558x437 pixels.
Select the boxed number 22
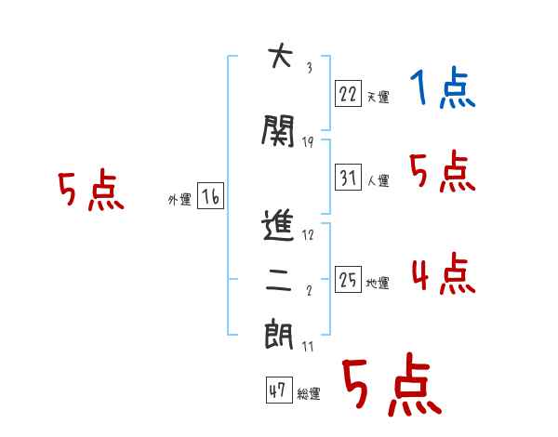(x=347, y=92)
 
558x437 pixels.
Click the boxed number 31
(x=347, y=177)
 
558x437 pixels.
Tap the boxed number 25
(x=347, y=279)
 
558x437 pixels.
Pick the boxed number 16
(x=211, y=196)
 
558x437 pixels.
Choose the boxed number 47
(x=277, y=391)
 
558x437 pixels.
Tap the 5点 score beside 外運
(x=90, y=192)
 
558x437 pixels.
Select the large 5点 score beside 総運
(x=391, y=387)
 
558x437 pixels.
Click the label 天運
(x=378, y=97)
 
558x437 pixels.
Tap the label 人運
(x=378, y=181)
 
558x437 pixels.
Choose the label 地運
(x=378, y=284)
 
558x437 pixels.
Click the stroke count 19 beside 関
(x=308, y=142)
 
